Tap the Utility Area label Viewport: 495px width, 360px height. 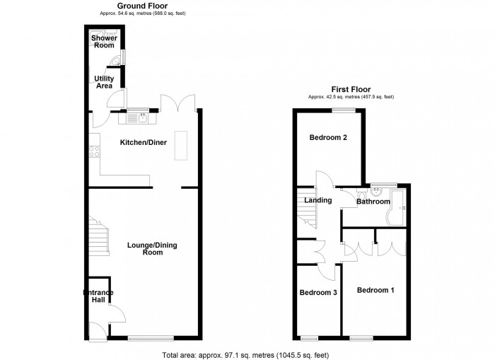pyautogui.click(x=104, y=82)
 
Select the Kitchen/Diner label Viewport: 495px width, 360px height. pyautogui.click(x=143, y=142)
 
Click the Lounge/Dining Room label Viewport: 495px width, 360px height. pyautogui.click(x=152, y=248)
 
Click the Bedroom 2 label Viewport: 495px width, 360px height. pyautogui.click(x=327, y=137)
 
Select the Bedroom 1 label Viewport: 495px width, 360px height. pyautogui.click(x=375, y=290)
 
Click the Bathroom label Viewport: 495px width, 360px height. pyautogui.click(x=373, y=202)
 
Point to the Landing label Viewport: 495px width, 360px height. pyautogui.click(x=318, y=200)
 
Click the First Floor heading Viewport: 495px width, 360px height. pyautogui.click(x=351, y=89)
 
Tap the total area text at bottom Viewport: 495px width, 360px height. pyautogui.click(x=245, y=354)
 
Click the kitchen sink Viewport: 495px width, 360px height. pyautogui.click(x=142, y=117)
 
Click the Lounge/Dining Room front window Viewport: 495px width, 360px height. pyautogui.click(x=149, y=337)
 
